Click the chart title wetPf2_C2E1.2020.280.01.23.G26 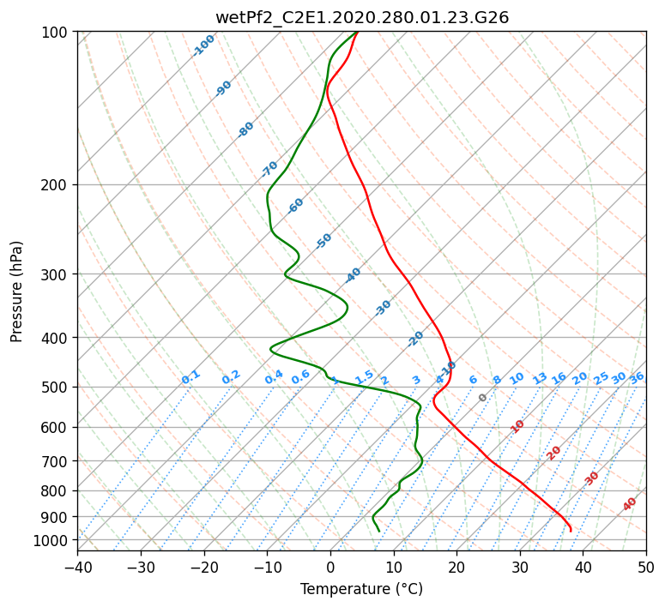(361, 17)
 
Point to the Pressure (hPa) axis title (17, 291)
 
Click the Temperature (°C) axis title (361, 589)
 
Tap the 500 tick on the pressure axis (56, 387)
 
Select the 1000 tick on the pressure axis (52, 540)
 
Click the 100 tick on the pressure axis (56, 33)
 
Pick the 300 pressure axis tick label (56, 274)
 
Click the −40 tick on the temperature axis (77, 567)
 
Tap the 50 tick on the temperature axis (646, 567)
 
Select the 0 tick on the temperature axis (330, 567)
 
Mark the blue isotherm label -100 (203, 45)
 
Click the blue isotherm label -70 (269, 169)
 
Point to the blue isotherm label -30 (383, 308)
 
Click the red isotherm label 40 (630, 504)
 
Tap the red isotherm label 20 (554, 452)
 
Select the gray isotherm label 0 (482, 398)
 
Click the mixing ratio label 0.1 (190, 376)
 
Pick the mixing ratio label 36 (637, 377)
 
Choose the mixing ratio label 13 (540, 378)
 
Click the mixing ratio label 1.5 (364, 376)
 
